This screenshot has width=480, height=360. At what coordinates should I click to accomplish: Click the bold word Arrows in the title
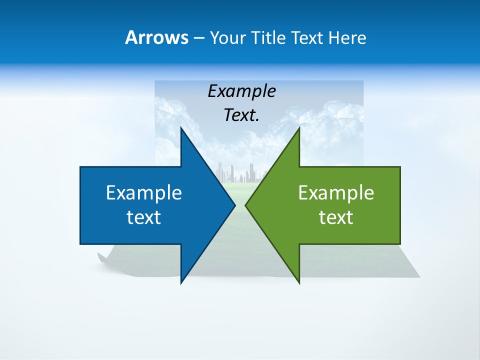pos(157,37)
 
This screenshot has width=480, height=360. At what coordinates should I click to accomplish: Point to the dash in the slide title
pos(198,38)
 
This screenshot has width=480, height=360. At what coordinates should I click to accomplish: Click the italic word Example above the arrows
pos(242,91)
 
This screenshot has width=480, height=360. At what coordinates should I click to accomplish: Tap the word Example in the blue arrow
pos(144,192)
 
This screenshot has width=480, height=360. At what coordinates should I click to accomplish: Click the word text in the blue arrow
pos(144,217)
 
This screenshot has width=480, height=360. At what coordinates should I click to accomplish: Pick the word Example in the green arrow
pos(336,192)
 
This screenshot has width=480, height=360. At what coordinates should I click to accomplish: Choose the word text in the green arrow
pos(336,217)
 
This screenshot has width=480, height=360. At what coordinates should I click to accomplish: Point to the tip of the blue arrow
pos(234,205)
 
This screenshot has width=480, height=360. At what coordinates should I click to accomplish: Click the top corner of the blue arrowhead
pos(181,128)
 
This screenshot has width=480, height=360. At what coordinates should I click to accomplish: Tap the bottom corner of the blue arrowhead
pos(181,282)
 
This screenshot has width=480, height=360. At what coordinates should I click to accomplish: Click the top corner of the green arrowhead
pos(299,128)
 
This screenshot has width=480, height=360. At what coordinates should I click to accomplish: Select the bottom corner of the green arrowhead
pos(299,282)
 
